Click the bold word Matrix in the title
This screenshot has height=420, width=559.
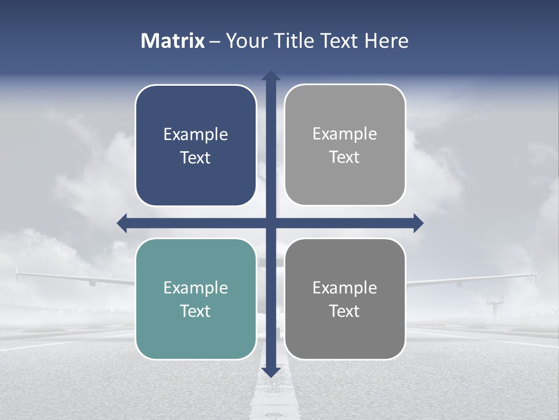coord(173,41)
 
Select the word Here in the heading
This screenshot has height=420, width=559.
coord(386,41)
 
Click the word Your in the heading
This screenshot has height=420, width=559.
coord(243,41)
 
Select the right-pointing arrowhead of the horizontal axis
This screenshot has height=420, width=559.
coord(418,223)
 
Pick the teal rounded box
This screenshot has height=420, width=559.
coord(196,332)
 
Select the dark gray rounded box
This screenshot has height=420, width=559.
coord(345,332)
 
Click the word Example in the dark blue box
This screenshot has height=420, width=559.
coord(196,135)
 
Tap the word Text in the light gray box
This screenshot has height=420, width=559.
coord(345,157)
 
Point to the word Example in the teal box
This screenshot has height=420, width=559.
coord(196,288)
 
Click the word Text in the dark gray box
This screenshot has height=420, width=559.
coord(345,311)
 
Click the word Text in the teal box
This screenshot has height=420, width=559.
coord(196,311)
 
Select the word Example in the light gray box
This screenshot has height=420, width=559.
coord(345,134)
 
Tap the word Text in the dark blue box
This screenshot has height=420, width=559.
coord(196,158)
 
